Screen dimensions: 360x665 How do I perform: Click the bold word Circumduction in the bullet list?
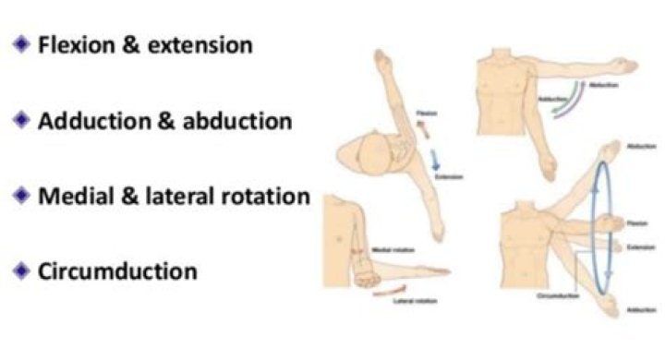tap(117, 271)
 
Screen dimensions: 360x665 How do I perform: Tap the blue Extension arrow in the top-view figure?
tap(410, 159)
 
